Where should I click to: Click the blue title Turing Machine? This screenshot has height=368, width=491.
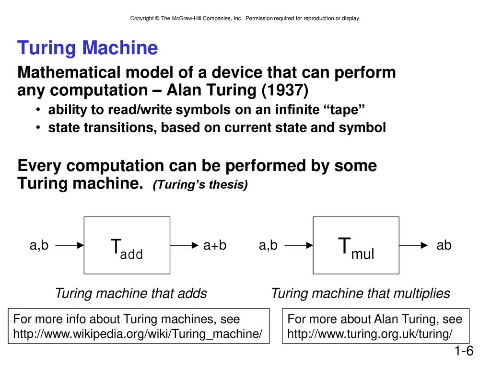87,48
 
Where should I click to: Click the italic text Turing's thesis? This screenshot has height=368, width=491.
200,184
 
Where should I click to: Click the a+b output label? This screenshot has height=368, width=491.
215,245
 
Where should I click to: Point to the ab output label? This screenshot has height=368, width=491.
444,245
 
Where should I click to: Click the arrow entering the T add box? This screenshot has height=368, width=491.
70,245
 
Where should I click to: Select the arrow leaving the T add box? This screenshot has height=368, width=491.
185,245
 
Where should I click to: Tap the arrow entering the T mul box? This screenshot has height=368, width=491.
299,245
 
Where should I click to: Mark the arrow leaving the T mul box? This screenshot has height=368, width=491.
414,245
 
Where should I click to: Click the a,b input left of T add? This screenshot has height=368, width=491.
39,245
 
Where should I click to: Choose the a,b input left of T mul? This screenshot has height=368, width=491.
269,245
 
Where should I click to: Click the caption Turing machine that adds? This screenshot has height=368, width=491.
131,294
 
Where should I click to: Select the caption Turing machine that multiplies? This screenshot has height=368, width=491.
361,294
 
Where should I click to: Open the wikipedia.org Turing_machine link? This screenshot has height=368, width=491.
138,334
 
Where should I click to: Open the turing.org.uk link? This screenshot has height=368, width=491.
370,334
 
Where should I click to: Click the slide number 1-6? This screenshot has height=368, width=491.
464,351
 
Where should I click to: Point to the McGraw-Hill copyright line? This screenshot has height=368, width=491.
245,19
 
